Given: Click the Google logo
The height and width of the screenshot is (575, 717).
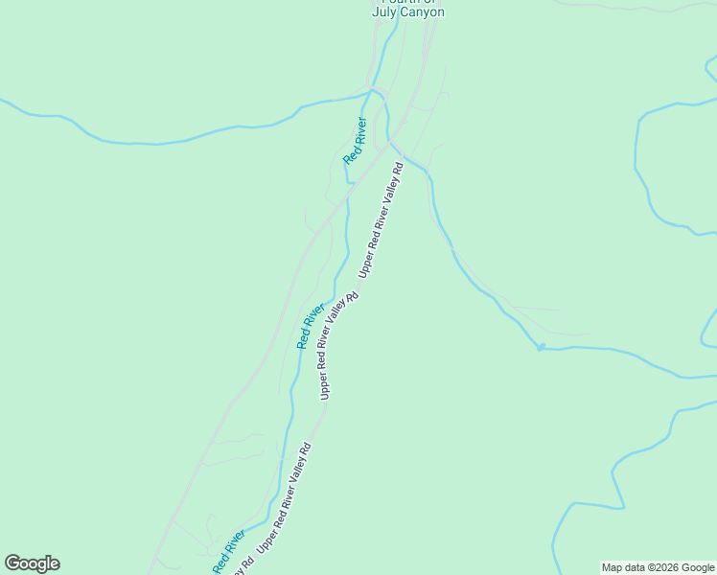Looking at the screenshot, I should coord(32,563).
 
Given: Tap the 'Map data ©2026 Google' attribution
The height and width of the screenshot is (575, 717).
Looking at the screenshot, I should coord(658,567).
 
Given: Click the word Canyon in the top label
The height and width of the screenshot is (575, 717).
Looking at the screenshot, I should coord(421,12).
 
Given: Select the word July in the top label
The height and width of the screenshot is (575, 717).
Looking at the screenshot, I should coord(384,12).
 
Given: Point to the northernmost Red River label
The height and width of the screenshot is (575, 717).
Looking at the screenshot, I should coord(356,141).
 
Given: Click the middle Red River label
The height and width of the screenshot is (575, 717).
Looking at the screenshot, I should coord(311,327).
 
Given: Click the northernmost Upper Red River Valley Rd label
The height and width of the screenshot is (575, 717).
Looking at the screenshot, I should coord(382,219).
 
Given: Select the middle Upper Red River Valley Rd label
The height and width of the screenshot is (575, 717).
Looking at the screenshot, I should coord(338,345).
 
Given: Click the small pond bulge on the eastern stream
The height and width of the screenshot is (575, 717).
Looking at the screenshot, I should coord(541,347).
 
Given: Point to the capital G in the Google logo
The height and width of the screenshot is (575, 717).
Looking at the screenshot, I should coord(13,563).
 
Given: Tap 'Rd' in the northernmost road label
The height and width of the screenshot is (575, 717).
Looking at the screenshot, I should coord(398,168).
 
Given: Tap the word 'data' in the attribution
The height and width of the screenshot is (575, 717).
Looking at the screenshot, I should coord(636,567).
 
